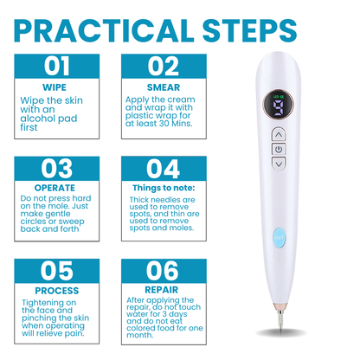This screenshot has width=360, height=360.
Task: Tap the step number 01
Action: (57, 66)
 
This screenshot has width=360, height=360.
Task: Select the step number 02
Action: (163, 66)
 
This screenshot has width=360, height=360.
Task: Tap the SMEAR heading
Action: (163, 87)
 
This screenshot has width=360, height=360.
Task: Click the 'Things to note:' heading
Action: (163, 187)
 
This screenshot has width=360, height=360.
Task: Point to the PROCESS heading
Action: (57, 290)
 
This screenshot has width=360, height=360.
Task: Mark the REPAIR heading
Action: (163, 290)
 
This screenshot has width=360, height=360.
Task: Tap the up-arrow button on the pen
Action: (279, 134)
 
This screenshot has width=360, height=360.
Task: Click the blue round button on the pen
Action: (280, 256)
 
